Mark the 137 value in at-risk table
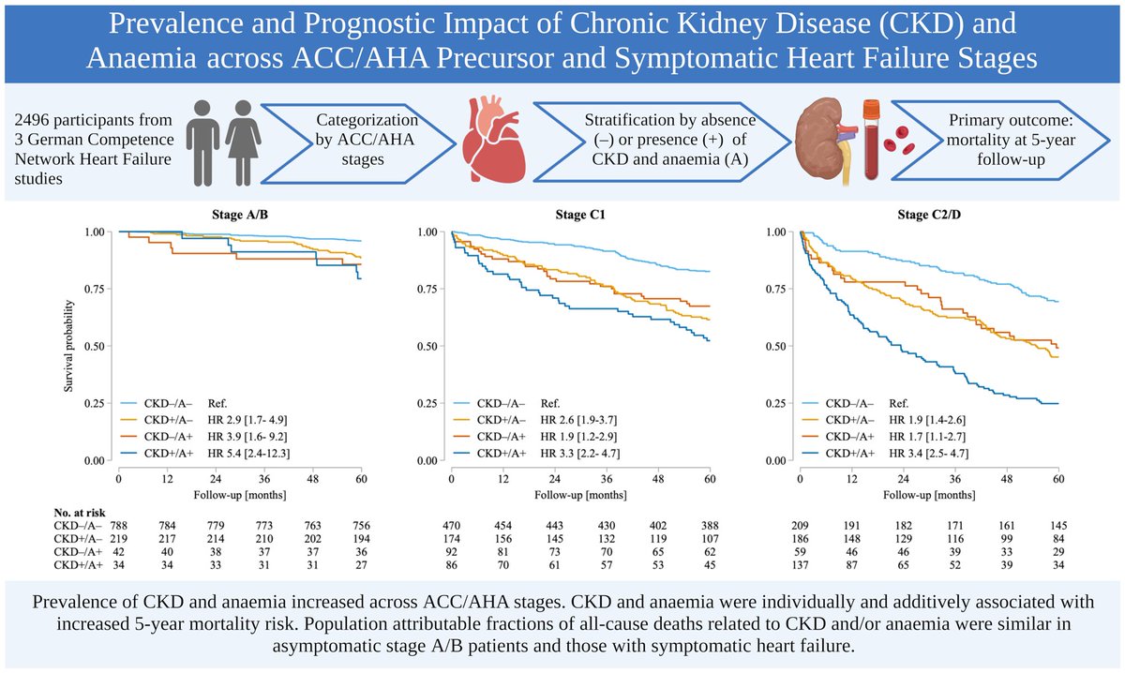800,565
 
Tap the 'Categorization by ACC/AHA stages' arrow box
352,141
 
